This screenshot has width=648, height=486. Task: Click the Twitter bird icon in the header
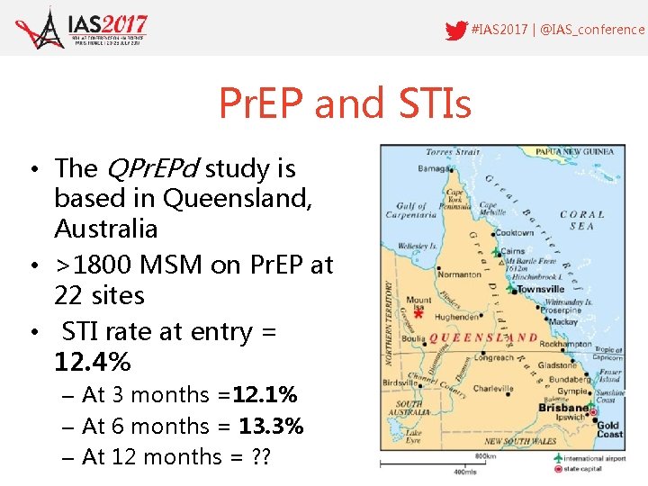point(456,30)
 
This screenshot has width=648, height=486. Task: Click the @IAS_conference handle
point(591,30)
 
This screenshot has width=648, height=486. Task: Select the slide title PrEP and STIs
point(345,103)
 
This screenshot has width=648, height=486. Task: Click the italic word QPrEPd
point(150,168)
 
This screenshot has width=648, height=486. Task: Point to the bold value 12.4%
point(93,362)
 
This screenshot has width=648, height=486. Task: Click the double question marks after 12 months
point(259,456)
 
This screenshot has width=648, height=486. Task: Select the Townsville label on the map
point(540,289)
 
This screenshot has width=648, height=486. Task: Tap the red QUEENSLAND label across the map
point(483,338)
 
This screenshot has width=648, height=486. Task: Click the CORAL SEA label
point(582,220)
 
